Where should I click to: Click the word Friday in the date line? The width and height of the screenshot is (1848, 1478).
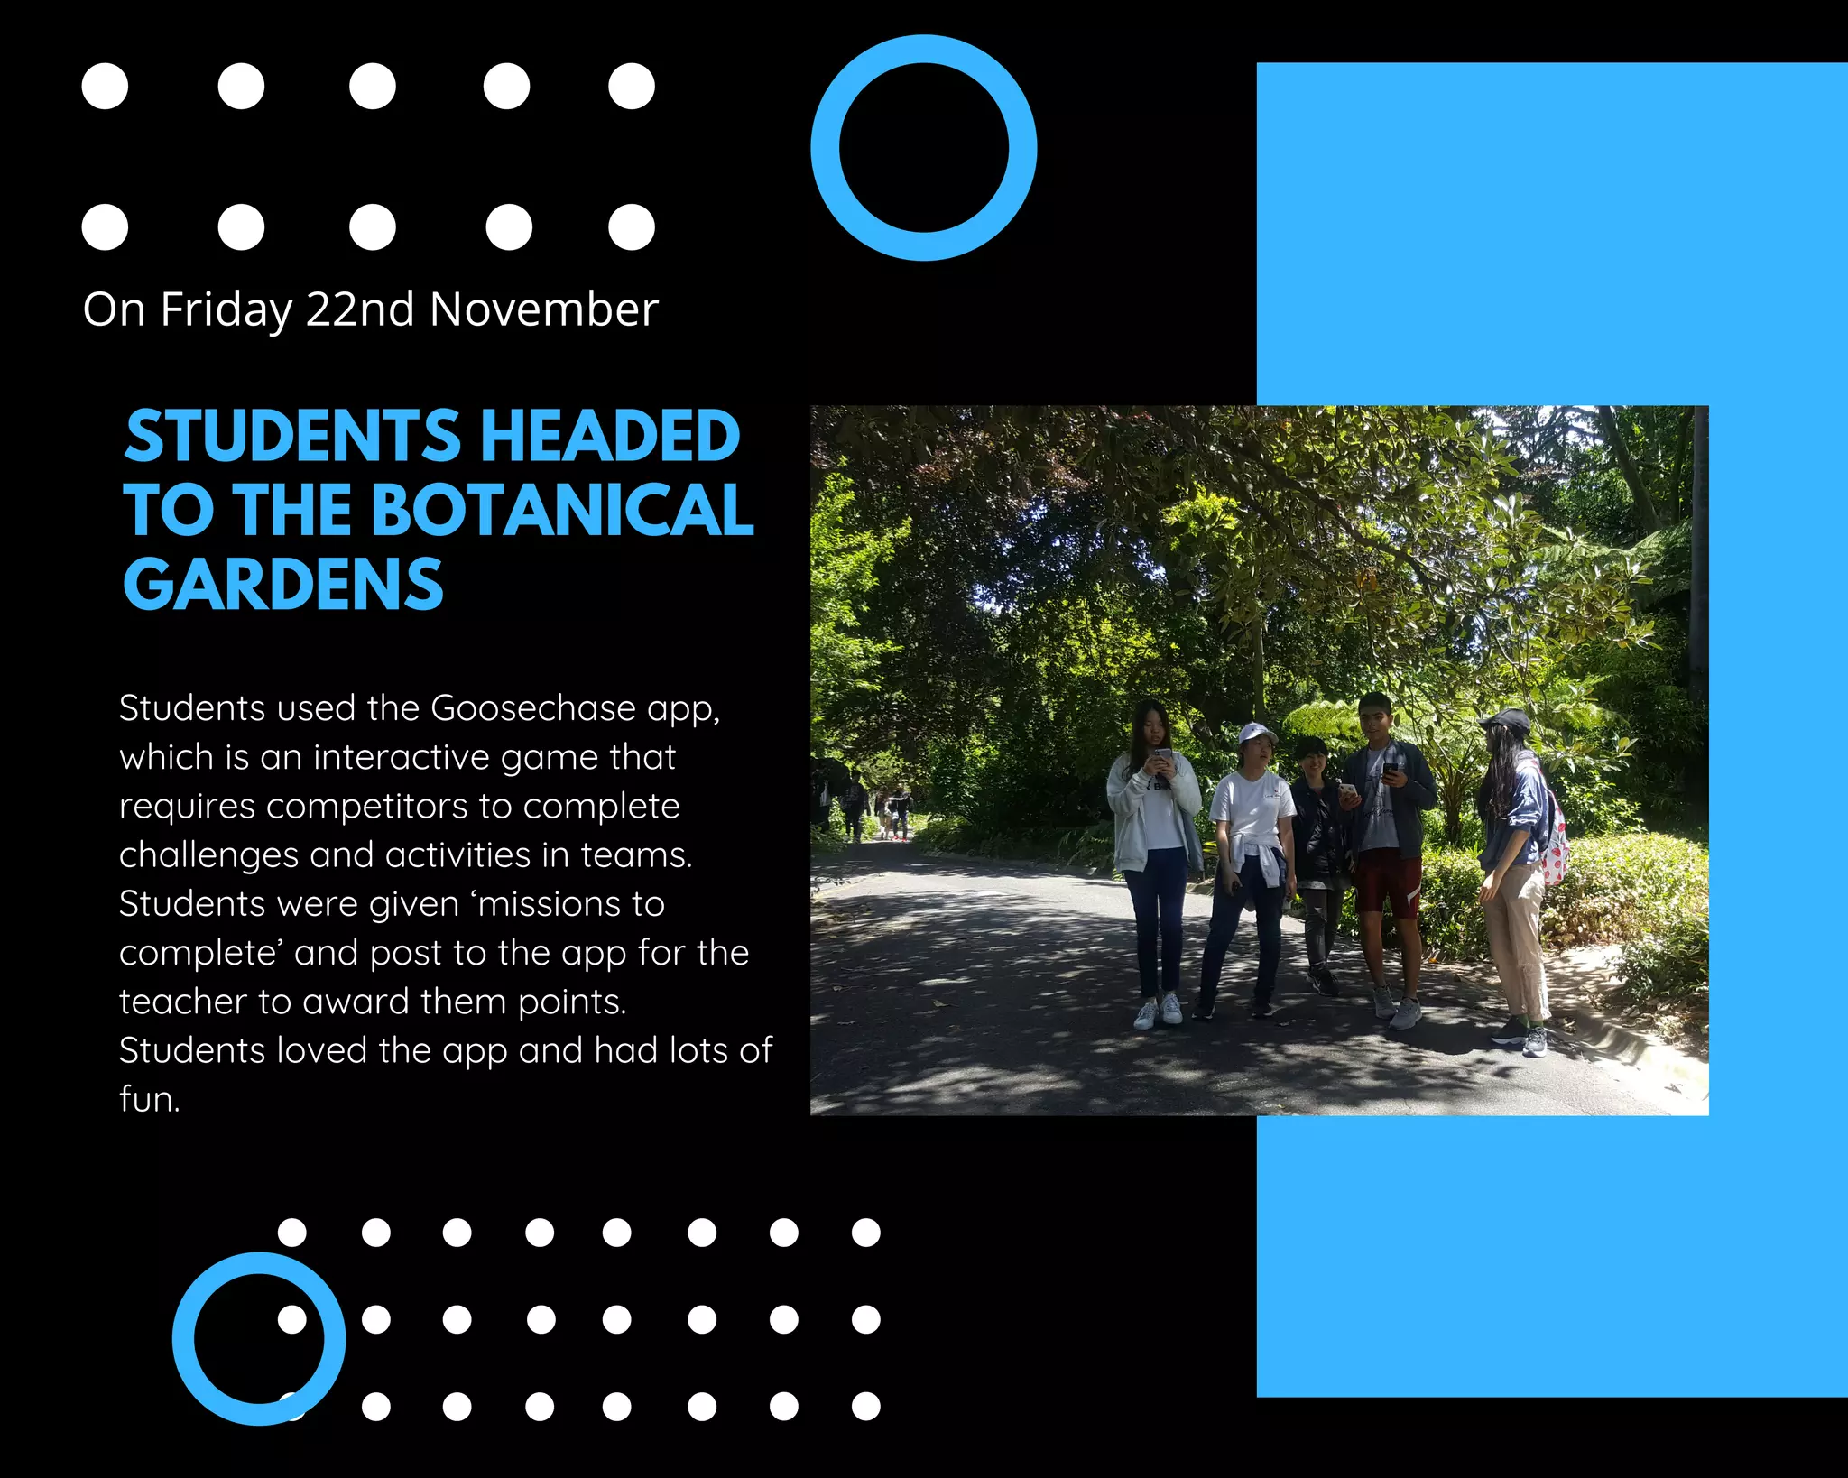pyautogui.click(x=226, y=310)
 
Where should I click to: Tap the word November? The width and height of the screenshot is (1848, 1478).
pyautogui.click(x=543, y=310)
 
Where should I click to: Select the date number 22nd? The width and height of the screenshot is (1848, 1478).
pyautogui.click(x=360, y=310)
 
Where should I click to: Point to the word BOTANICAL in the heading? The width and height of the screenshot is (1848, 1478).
pyautogui.click(x=561, y=511)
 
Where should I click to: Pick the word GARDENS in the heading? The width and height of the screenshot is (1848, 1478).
pyautogui.click(x=283, y=585)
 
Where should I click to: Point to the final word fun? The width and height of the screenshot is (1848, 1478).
pyautogui.click(x=149, y=1100)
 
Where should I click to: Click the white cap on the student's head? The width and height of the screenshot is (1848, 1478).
pyautogui.click(x=1255, y=733)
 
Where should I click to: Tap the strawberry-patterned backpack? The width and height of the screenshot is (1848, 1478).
pyautogui.click(x=1554, y=848)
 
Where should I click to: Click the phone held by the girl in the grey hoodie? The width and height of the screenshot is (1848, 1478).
pyautogui.click(x=1163, y=755)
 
